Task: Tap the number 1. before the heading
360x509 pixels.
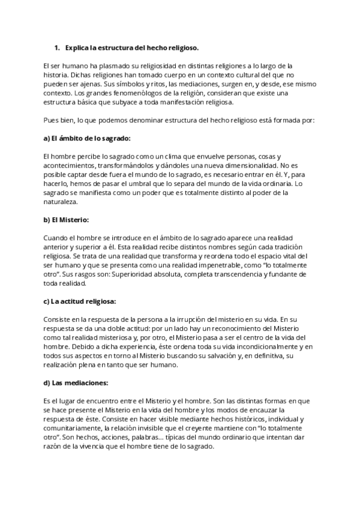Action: click(x=58, y=47)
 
